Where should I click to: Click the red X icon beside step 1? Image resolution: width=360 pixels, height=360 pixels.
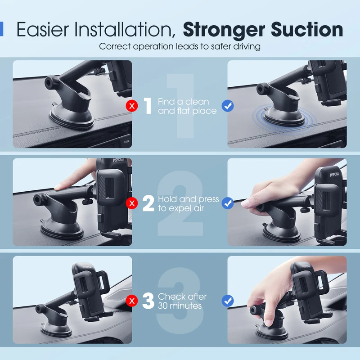[x=132, y=106]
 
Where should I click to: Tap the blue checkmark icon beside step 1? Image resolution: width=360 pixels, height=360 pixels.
[x=228, y=106]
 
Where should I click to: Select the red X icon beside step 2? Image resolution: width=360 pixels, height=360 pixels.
[x=132, y=203]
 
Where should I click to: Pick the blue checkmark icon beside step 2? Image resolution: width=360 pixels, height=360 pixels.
[x=228, y=203]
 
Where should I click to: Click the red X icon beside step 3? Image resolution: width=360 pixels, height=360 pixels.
[x=132, y=301]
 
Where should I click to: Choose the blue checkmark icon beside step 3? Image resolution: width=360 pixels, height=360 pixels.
[x=228, y=301]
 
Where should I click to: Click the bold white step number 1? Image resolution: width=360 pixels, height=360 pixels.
[x=148, y=106]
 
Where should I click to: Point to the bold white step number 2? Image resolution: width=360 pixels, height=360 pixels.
[x=148, y=203]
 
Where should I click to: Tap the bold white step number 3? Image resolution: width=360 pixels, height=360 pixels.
[x=148, y=301]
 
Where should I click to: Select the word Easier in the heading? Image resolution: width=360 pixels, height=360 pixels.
[x=43, y=29]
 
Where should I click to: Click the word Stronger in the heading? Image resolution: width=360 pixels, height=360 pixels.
[x=224, y=30]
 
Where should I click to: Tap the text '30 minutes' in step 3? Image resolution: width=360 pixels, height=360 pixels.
[x=180, y=306]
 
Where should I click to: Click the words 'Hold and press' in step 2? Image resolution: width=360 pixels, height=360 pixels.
[x=189, y=199]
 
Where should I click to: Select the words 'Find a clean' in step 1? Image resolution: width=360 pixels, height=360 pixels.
[x=184, y=102]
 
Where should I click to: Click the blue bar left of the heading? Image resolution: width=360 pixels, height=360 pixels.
[x=1, y=29]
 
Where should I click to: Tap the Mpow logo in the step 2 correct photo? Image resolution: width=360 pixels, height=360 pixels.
[x=334, y=175]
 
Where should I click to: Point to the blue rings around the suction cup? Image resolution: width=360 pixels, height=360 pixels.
[x=285, y=119]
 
